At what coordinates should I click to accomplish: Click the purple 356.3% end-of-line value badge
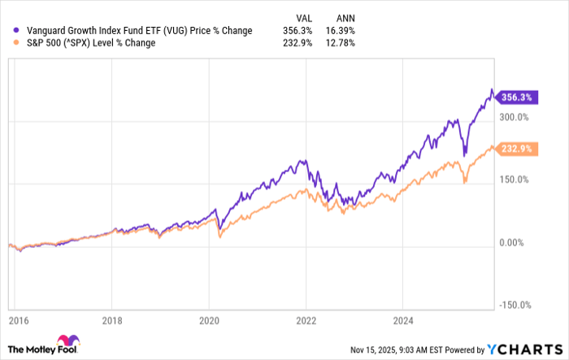[x=516, y=97]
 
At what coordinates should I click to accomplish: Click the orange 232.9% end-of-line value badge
[x=516, y=149]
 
